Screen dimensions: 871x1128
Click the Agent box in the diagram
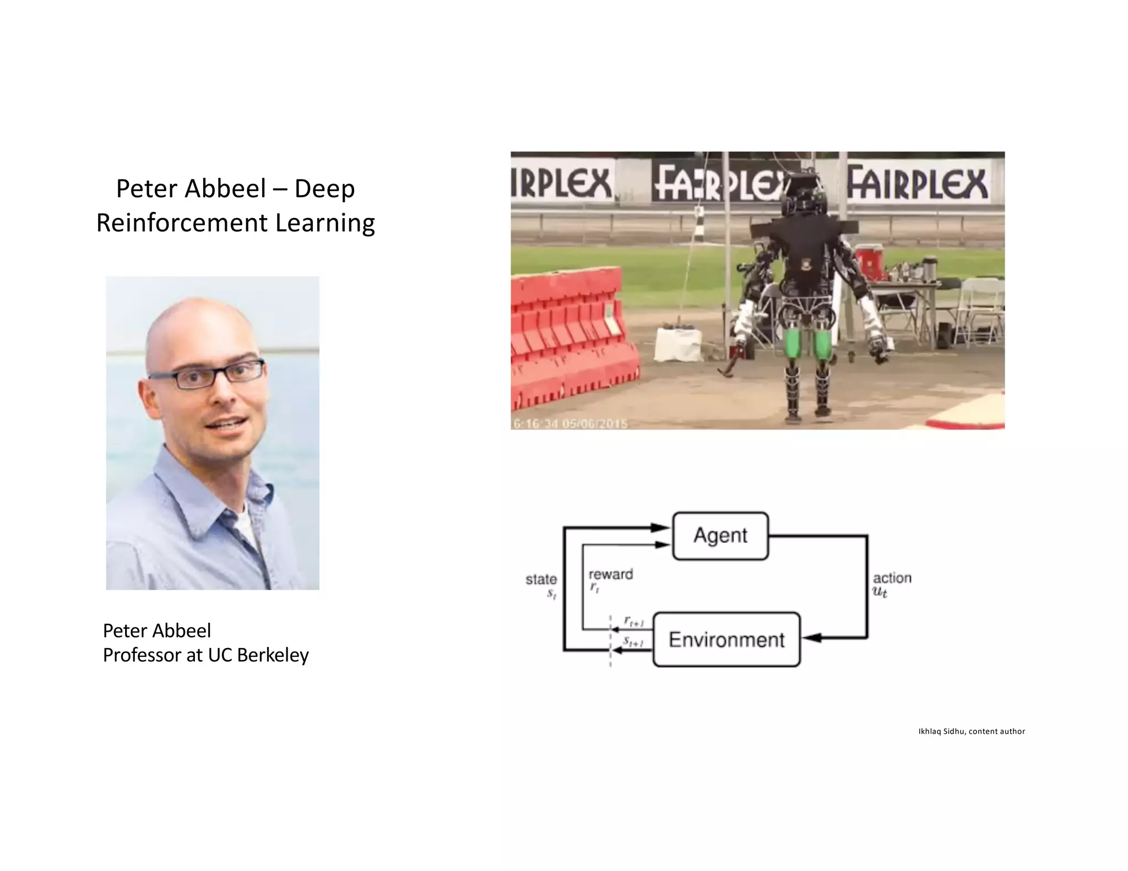coord(720,536)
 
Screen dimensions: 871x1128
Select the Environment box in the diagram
coord(726,639)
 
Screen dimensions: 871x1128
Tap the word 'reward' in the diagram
coord(610,574)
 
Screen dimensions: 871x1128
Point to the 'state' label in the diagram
coord(541,579)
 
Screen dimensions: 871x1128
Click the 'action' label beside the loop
coord(892,578)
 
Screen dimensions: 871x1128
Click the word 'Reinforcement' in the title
coord(182,223)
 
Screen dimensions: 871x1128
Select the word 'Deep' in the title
coord(324,189)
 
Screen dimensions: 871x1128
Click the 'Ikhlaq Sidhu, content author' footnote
coord(971,731)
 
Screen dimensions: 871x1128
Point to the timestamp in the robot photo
coord(570,423)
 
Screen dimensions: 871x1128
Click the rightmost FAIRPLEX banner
coord(917,183)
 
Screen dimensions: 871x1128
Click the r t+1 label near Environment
coord(633,622)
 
